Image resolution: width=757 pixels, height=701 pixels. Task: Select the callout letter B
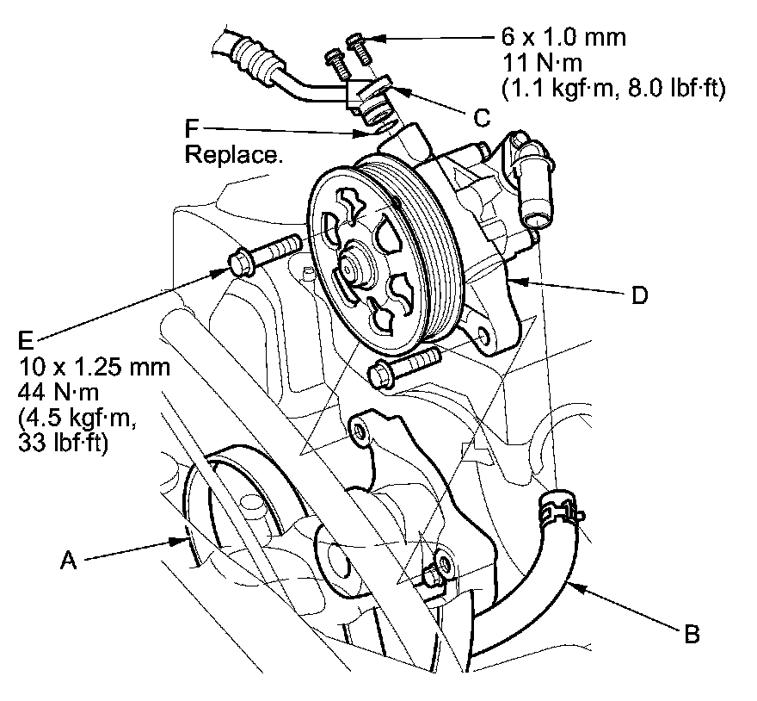click(x=691, y=636)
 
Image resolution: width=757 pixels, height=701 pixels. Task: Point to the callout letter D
click(x=638, y=295)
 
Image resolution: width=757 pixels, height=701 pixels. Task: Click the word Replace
click(x=234, y=156)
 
